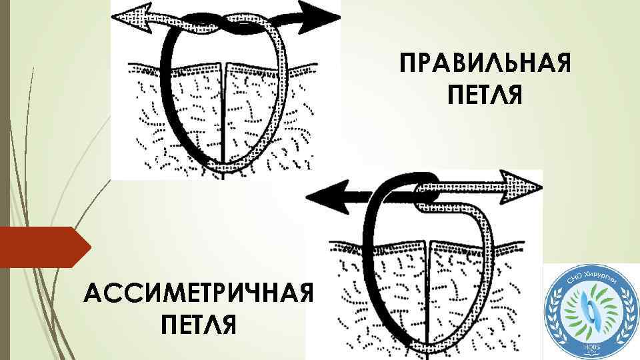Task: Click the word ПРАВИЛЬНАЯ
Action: (x=484, y=67)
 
